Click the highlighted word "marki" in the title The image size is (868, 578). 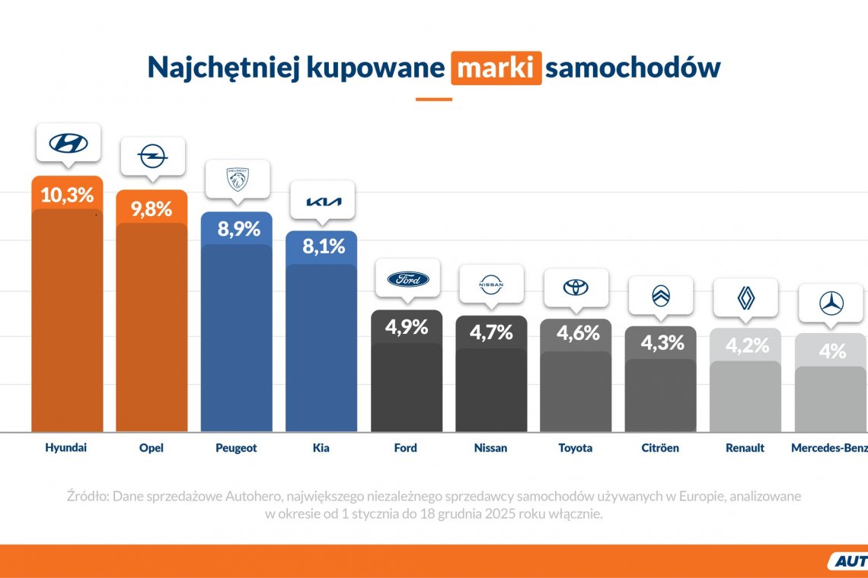[496, 68]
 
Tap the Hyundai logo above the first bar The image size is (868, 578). [69, 143]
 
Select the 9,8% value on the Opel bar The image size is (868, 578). [152, 209]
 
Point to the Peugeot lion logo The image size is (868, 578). [238, 179]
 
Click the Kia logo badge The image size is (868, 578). [324, 202]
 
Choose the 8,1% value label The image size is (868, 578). [324, 246]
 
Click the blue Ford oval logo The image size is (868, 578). [408, 279]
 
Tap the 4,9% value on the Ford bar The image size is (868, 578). [407, 327]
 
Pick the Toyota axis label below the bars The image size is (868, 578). [576, 448]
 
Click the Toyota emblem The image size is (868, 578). [576, 287]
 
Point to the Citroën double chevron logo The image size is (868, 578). [661, 296]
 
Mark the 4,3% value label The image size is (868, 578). [661, 343]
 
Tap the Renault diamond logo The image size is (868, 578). [745, 298]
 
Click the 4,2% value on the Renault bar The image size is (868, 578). [745, 346]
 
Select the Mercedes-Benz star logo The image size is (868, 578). [831, 303]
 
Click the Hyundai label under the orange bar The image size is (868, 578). [66, 448]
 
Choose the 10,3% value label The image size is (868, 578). [67, 195]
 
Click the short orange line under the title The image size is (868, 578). [433, 99]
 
